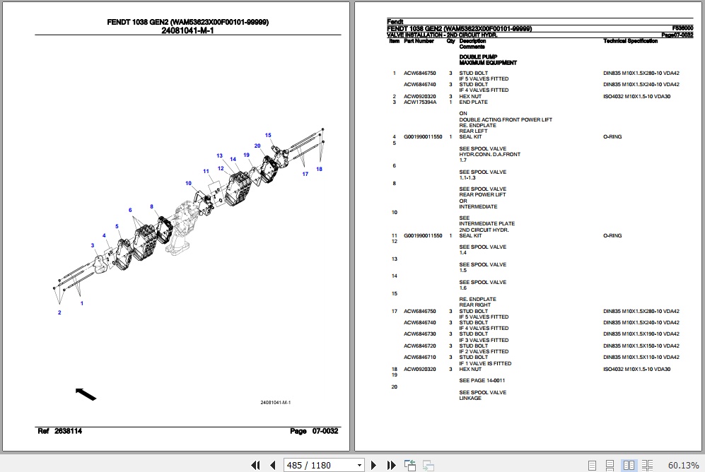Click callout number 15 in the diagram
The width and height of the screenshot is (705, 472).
268,135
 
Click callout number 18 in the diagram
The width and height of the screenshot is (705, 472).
319,169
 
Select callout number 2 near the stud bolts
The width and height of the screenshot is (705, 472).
59,312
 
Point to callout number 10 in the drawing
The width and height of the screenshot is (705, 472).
189,184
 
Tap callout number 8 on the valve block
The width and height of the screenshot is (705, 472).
151,206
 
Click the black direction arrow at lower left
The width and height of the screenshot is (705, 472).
86,394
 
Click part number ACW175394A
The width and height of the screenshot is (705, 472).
420,102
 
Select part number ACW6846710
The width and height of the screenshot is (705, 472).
420,358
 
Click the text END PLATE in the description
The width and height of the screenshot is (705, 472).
473,102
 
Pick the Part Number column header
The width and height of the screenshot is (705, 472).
419,42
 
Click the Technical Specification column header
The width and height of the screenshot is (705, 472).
630,42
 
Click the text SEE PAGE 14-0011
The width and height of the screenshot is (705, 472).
482,381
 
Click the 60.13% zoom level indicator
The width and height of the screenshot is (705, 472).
683,465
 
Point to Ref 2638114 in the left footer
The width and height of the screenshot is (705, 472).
60,431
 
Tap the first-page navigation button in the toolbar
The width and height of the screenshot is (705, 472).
257,465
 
